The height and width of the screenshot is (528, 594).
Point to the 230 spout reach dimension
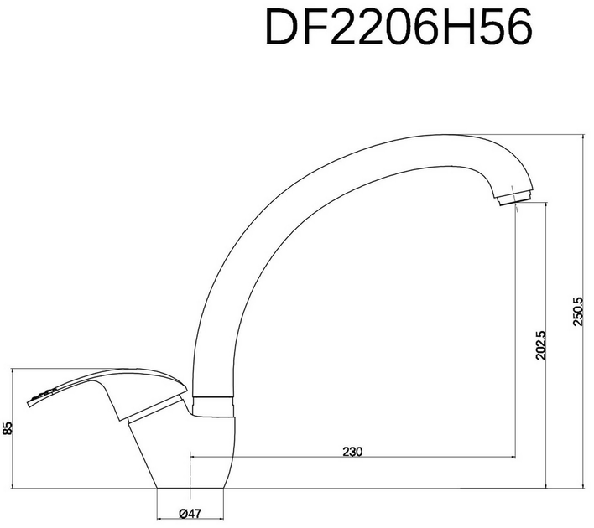click(352, 451)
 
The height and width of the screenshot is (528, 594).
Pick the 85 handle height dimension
click(8, 427)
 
